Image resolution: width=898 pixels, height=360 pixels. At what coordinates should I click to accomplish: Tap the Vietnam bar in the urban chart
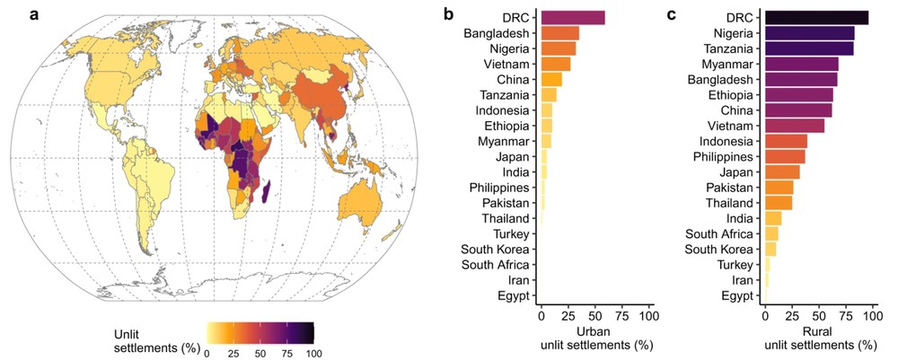(x=555, y=64)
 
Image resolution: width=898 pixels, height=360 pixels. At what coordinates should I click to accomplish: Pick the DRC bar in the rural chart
(x=815, y=18)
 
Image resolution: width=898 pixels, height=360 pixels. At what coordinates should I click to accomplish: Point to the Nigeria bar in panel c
(x=808, y=33)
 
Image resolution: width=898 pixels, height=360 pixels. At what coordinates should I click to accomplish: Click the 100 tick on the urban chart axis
(x=648, y=316)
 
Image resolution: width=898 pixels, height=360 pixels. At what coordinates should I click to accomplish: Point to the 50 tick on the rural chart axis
(x=818, y=316)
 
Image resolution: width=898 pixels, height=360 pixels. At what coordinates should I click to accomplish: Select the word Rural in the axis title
(x=818, y=331)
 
